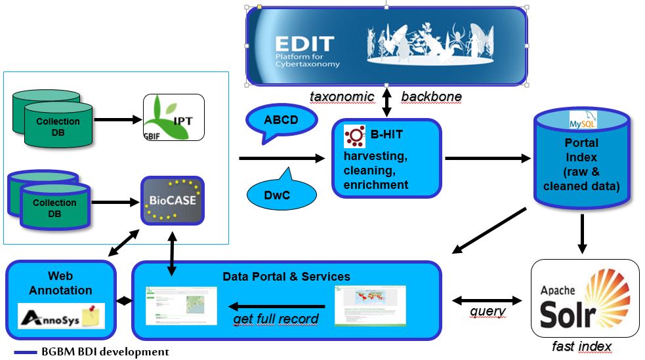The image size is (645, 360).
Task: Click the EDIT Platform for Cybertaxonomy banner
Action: coord(386,46)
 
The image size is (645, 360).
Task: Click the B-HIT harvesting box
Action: coord(386,158)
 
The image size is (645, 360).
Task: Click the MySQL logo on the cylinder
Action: coord(579,121)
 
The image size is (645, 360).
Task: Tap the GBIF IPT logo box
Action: coord(174,117)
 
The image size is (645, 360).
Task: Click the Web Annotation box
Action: coord(61,298)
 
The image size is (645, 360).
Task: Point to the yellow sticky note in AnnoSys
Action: coord(93,315)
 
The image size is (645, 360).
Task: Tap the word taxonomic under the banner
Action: coord(342,97)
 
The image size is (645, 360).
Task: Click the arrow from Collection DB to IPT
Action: coord(118,120)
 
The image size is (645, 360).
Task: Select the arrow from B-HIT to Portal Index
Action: coord(488,158)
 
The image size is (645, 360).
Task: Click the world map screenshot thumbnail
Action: coord(370,305)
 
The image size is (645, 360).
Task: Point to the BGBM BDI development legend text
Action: coord(105,352)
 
